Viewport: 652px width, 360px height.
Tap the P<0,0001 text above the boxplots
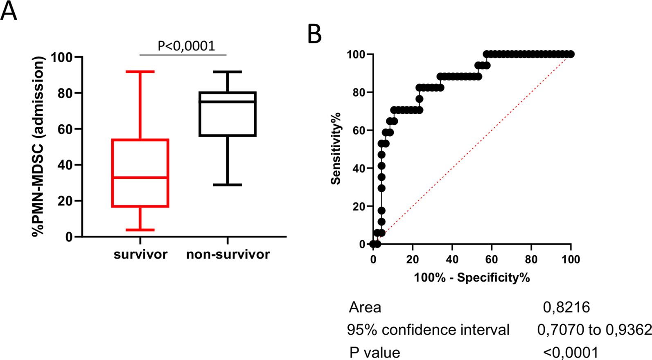(186, 46)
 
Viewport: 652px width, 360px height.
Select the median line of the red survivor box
(140, 178)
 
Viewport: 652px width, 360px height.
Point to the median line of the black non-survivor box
(228, 101)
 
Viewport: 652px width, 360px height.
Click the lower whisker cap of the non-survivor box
(228, 185)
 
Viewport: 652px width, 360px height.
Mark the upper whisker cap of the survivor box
(140, 72)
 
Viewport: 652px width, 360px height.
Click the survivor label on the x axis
(140, 254)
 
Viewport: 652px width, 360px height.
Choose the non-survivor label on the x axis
(228, 254)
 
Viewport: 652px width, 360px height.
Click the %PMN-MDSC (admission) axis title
(38, 146)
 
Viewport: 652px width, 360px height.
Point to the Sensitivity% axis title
(336, 148)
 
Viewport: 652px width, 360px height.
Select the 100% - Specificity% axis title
(472, 278)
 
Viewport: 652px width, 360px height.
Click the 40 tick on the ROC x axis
(452, 259)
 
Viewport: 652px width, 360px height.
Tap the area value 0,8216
(566, 307)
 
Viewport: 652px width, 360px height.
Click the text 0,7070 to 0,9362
(594, 329)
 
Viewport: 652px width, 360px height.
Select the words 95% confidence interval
(428, 329)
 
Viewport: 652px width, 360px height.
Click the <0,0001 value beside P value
(571, 352)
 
